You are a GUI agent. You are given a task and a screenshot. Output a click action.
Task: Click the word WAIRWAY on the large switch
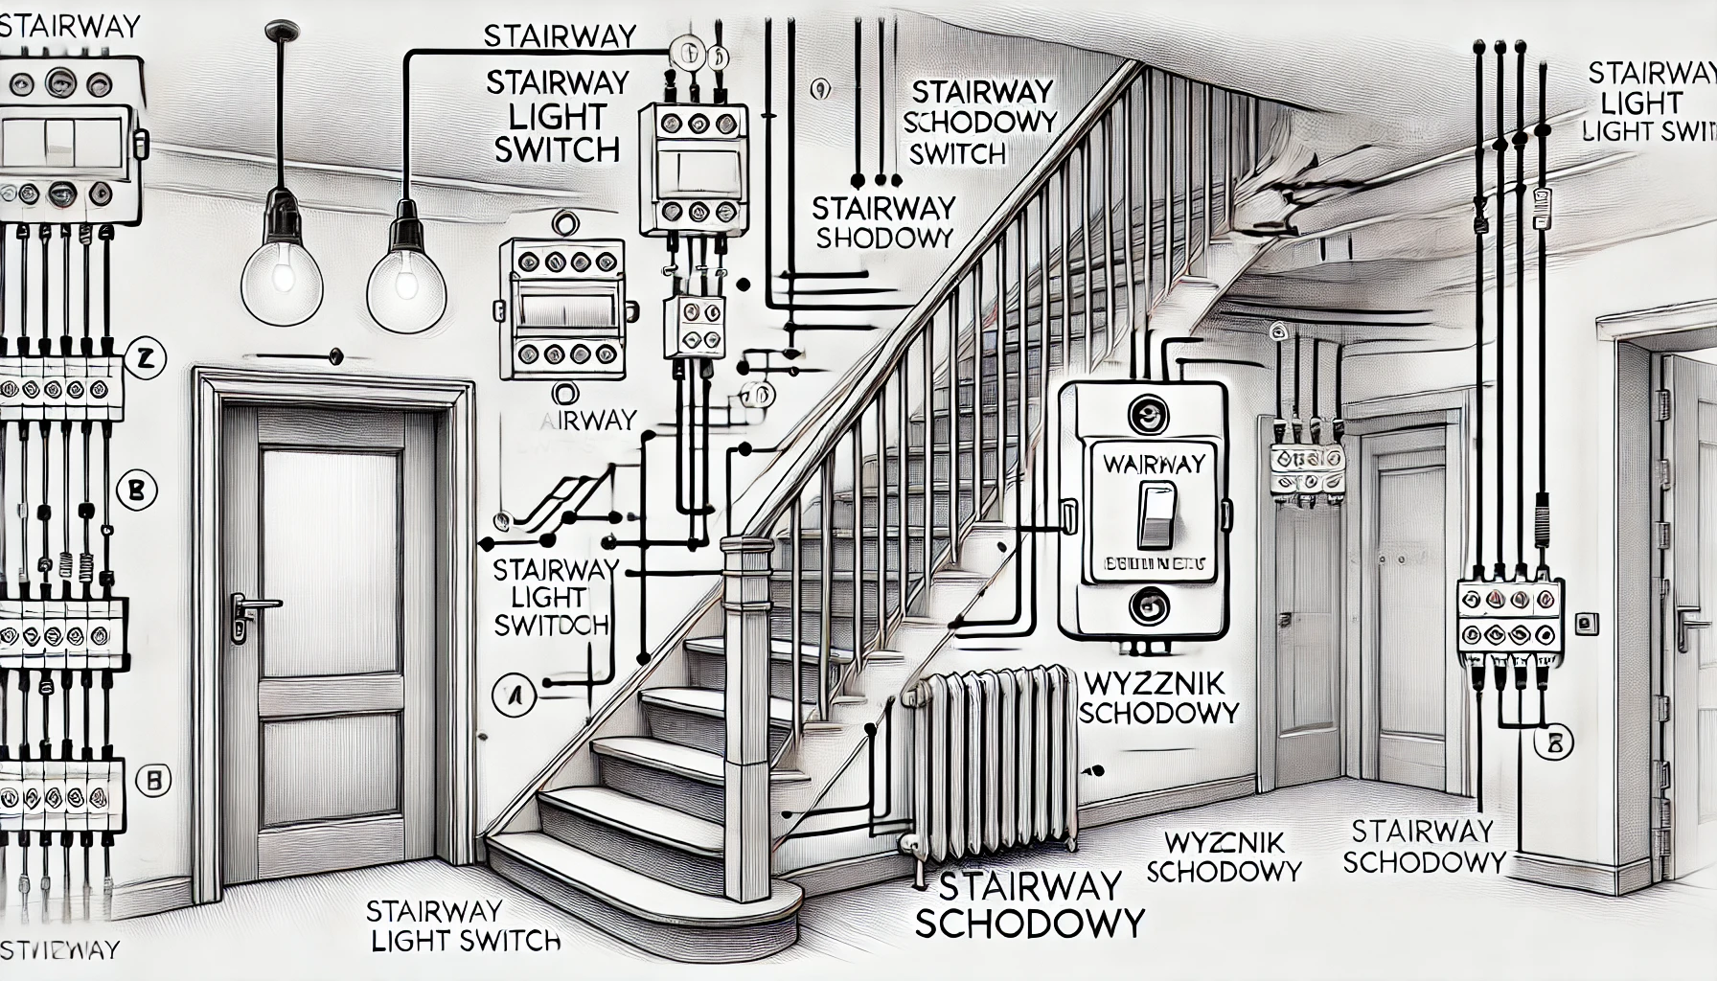(x=1154, y=464)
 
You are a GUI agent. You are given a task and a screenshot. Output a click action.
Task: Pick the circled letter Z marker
(x=146, y=360)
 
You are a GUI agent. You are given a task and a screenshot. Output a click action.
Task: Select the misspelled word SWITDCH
(x=551, y=626)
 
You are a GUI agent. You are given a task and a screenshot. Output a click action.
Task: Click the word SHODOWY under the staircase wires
(x=884, y=238)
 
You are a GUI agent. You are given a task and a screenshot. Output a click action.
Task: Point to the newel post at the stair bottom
(x=745, y=719)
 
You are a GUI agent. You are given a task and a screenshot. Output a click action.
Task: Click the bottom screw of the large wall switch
(x=1146, y=605)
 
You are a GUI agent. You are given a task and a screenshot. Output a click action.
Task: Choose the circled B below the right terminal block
(x=1553, y=741)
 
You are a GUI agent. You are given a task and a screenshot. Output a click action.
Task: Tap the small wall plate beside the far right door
(x=1588, y=623)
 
